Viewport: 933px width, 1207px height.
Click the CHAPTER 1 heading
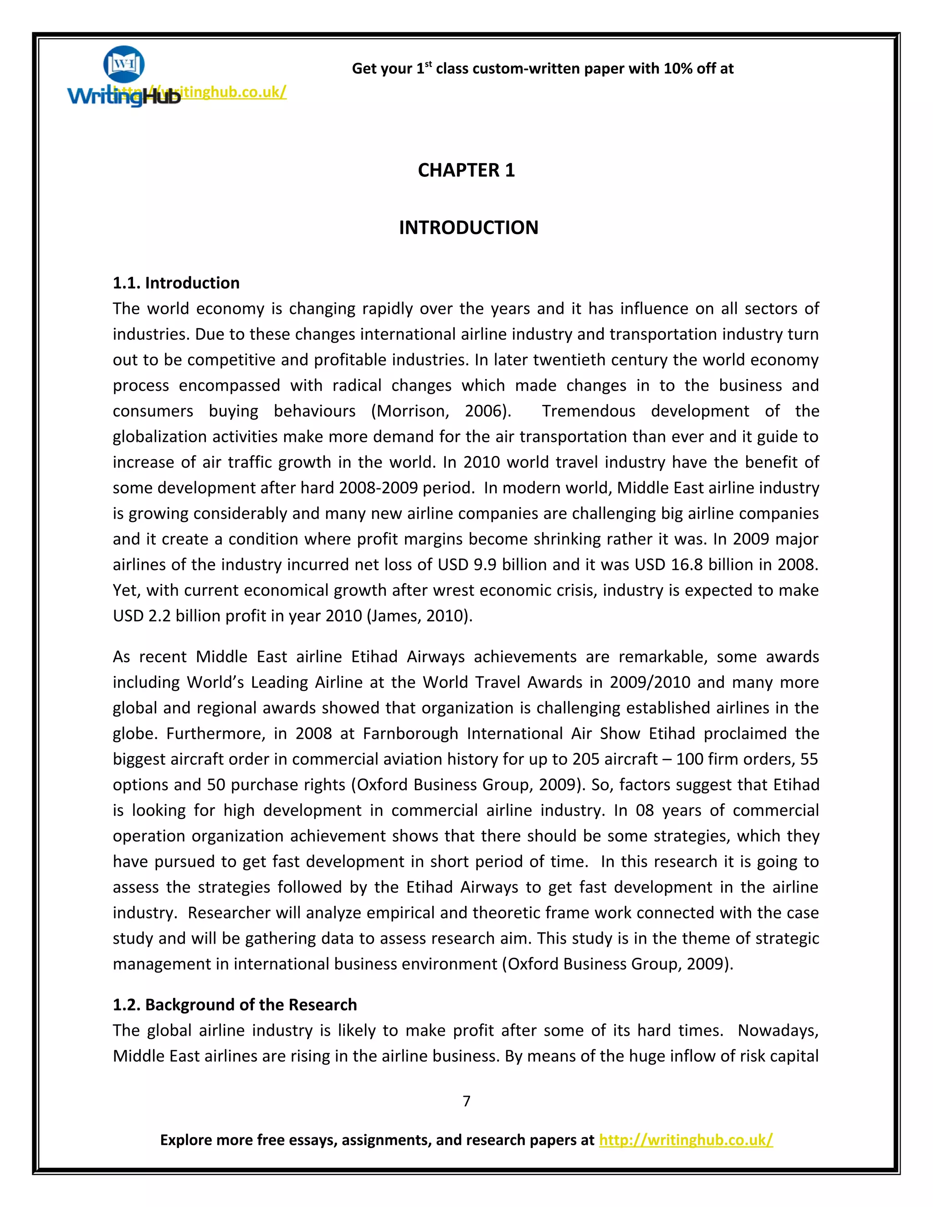click(x=466, y=170)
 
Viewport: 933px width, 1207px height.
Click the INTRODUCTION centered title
click(x=468, y=228)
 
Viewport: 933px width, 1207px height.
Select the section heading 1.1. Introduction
click(x=176, y=283)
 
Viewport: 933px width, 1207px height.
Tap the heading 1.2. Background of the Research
click(x=235, y=1005)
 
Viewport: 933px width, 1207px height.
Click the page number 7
click(x=466, y=1101)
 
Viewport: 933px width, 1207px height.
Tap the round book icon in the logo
click(x=124, y=64)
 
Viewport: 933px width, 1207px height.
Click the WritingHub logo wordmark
click(x=124, y=96)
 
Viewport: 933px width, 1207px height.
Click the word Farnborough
click(x=410, y=733)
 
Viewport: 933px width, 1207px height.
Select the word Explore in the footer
click(x=186, y=1140)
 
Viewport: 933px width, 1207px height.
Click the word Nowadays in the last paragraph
click(x=778, y=1031)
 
